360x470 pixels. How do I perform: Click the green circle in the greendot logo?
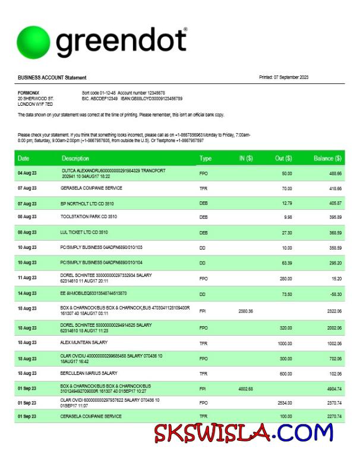click(34, 43)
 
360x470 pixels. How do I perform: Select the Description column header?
click(75, 159)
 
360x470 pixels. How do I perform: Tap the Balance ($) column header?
click(327, 159)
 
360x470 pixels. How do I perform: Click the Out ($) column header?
click(283, 159)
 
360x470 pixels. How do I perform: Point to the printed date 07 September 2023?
click(284, 77)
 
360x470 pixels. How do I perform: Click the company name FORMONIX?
click(28, 93)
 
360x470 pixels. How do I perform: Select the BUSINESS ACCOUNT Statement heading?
click(52, 78)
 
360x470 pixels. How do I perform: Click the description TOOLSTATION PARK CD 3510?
click(89, 217)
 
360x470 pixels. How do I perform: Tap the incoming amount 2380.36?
click(245, 311)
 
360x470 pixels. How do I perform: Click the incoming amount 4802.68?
click(245, 388)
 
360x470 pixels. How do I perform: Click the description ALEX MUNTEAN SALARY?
click(84, 343)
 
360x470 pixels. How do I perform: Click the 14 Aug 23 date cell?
click(27, 294)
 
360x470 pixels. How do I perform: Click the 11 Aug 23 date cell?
click(27, 277)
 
